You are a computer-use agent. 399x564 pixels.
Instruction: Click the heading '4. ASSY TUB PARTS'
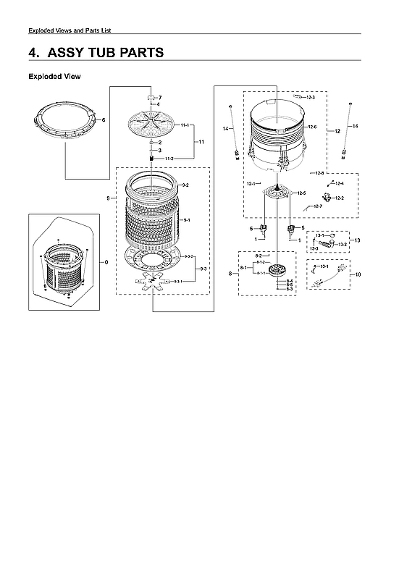click(96, 53)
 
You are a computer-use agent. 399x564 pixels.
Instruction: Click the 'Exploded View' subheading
click(54, 76)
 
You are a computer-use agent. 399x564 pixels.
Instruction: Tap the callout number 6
click(104, 119)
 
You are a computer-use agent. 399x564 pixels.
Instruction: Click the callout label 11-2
click(169, 158)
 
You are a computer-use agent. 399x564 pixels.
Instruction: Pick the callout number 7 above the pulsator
click(160, 97)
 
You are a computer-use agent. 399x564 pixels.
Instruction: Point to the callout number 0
click(108, 261)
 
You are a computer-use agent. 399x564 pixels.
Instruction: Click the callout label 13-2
click(343, 245)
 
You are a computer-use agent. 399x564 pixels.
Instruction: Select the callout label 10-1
click(324, 266)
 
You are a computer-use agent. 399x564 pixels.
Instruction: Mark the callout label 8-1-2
click(261, 262)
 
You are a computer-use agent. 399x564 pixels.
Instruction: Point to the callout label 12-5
click(301, 193)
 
